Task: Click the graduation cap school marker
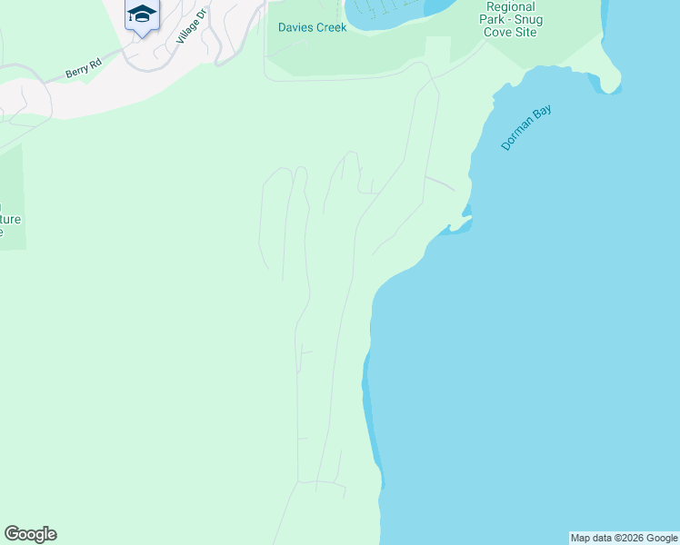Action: click(141, 15)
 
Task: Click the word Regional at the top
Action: click(510, 5)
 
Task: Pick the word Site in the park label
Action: click(525, 33)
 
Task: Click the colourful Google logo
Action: click(30, 534)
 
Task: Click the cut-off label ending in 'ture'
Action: click(9, 219)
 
